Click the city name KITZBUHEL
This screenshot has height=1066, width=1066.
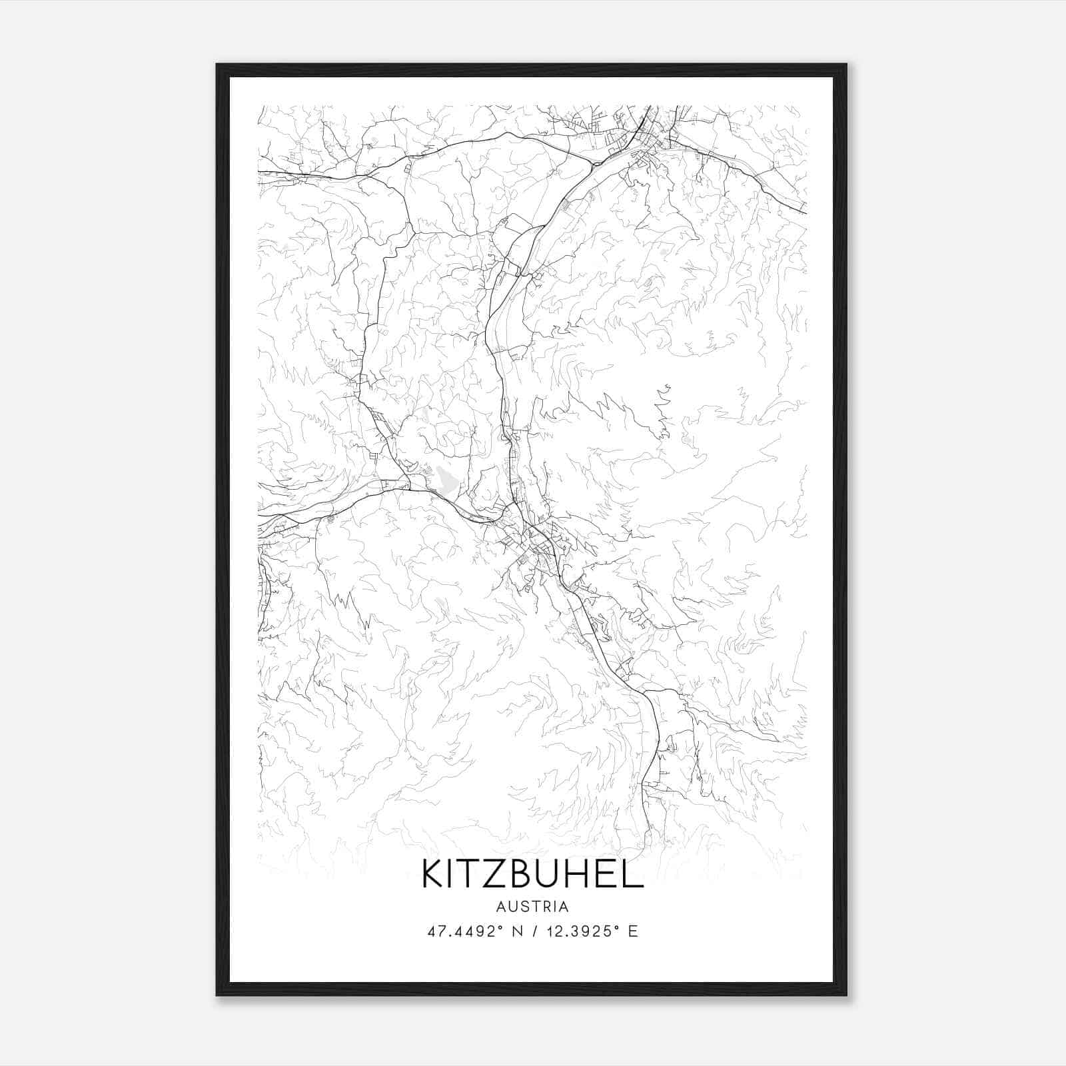tap(532, 874)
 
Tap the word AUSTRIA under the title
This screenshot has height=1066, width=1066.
tap(532, 907)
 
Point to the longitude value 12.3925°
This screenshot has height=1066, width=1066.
tap(586, 931)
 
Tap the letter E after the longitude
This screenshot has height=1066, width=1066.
tap(633, 931)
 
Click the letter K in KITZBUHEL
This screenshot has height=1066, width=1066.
tap(431, 874)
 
